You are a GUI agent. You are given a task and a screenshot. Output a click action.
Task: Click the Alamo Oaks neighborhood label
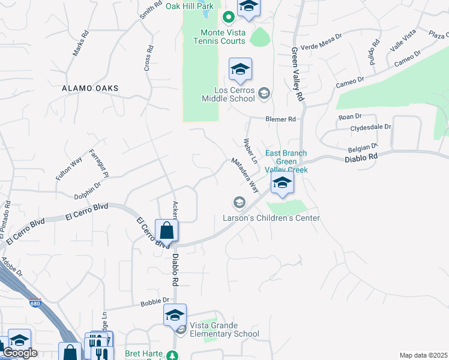pyautogui.click(x=90, y=88)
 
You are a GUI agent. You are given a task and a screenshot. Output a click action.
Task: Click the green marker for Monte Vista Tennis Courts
pyautogui.click(x=228, y=17)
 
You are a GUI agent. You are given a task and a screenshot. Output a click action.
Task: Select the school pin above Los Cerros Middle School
pyautogui.click(x=240, y=70)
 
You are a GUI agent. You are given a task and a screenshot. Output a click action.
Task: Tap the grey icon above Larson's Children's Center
pyautogui.click(x=239, y=203)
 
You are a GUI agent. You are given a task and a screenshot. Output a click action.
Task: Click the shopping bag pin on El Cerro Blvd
pyautogui.click(x=166, y=231)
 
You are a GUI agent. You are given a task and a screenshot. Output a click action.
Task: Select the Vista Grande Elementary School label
pyautogui.click(x=224, y=329)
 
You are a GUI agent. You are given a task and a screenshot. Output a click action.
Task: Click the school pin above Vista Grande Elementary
pyautogui.click(x=175, y=315)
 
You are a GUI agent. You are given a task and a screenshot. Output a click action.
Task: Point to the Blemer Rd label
pyautogui.click(x=281, y=119)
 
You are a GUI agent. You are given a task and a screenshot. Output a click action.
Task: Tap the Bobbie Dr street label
pyautogui.click(x=155, y=301)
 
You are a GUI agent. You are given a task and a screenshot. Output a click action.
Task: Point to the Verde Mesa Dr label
pyautogui.click(x=321, y=36)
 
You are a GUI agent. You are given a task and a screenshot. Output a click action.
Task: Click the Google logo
pyautogui.click(x=20, y=353)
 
